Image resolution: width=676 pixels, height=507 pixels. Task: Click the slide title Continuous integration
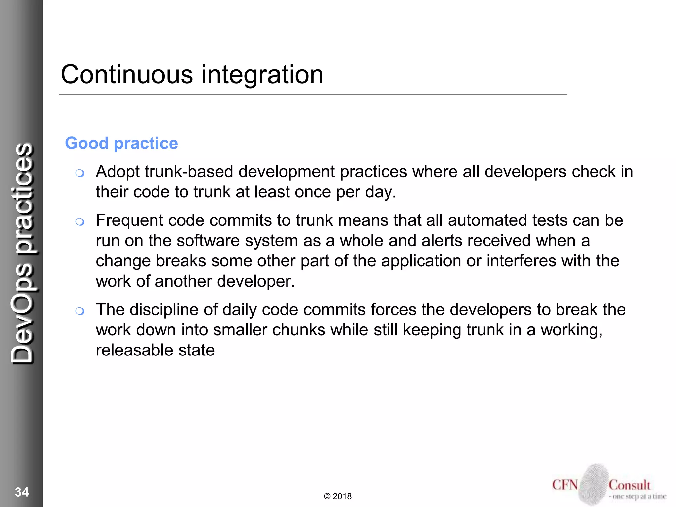coord(192,75)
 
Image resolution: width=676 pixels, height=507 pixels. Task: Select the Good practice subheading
coord(121,143)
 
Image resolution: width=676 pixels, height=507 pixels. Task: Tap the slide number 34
coord(22,492)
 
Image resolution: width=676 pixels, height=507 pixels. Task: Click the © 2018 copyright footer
coord(338,496)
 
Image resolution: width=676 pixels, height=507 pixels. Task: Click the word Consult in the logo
coord(629,485)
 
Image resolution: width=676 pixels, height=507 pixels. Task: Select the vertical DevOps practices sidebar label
coord(22,253)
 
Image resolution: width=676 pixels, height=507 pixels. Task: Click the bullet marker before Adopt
coord(80,173)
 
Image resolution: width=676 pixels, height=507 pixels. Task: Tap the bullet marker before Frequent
coord(80,222)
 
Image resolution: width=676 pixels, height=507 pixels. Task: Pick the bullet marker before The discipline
coord(80,311)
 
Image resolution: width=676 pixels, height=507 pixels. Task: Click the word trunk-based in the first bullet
coord(189,172)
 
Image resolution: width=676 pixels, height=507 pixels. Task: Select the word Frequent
coord(129,220)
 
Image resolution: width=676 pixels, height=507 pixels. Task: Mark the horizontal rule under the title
coord(313,95)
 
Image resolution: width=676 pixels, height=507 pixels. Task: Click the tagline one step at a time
coord(639,496)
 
